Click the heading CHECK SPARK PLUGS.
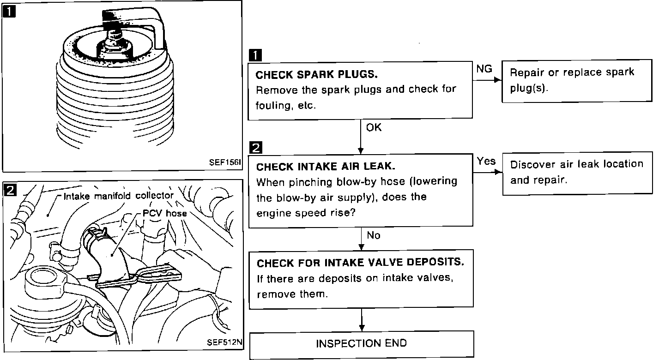tap(316, 74)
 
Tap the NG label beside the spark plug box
tap(484, 69)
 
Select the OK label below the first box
tap(374, 128)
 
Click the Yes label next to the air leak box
tap(486, 161)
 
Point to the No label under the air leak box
tap(374, 235)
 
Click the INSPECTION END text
tap(361, 343)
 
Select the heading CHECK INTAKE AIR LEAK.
tap(326, 167)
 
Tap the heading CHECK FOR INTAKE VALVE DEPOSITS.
tap(360, 263)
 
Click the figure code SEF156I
tap(225, 162)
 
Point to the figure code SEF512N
tap(224, 342)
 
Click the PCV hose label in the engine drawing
tap(165, 213)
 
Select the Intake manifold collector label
tap(118, 196)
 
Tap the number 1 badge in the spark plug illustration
tap(9, 12)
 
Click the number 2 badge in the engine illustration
tap(10, 190)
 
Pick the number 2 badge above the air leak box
tap(256, 148)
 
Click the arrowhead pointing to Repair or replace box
tap(498, 80)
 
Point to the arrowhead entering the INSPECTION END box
tap(362, 328)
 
